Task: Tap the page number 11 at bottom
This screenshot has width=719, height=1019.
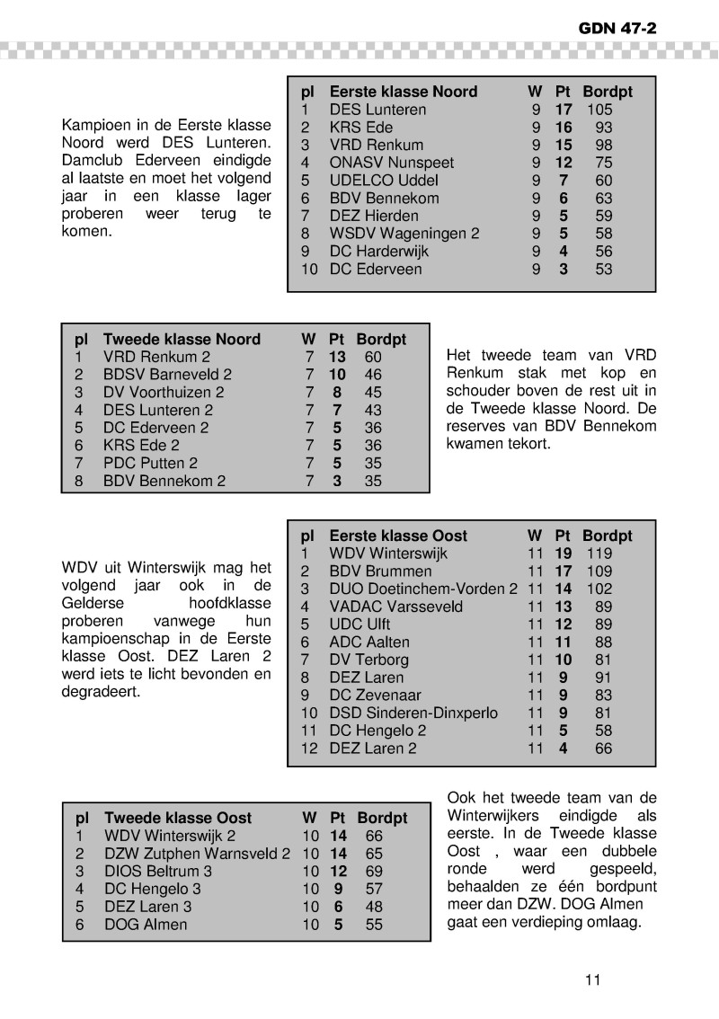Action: pos(591,979)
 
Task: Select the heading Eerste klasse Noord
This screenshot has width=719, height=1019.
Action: pos(403,92)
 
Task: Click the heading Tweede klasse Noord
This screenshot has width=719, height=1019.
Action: pos(182,340)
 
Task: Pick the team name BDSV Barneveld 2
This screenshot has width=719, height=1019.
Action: pos(167,375)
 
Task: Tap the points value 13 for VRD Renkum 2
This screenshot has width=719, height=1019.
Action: pos(337,357)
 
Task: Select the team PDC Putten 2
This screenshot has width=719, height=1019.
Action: pos(150,464)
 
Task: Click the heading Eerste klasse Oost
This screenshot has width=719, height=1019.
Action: pos(398,536)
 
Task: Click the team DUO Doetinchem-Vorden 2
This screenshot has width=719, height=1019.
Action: pos(423,589)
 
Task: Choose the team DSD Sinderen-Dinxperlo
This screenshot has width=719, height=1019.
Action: pos(413,713)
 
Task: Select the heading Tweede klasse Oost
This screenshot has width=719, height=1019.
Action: pos(178,819)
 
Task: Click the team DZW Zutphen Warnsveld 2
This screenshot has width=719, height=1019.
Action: pos(197,854)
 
